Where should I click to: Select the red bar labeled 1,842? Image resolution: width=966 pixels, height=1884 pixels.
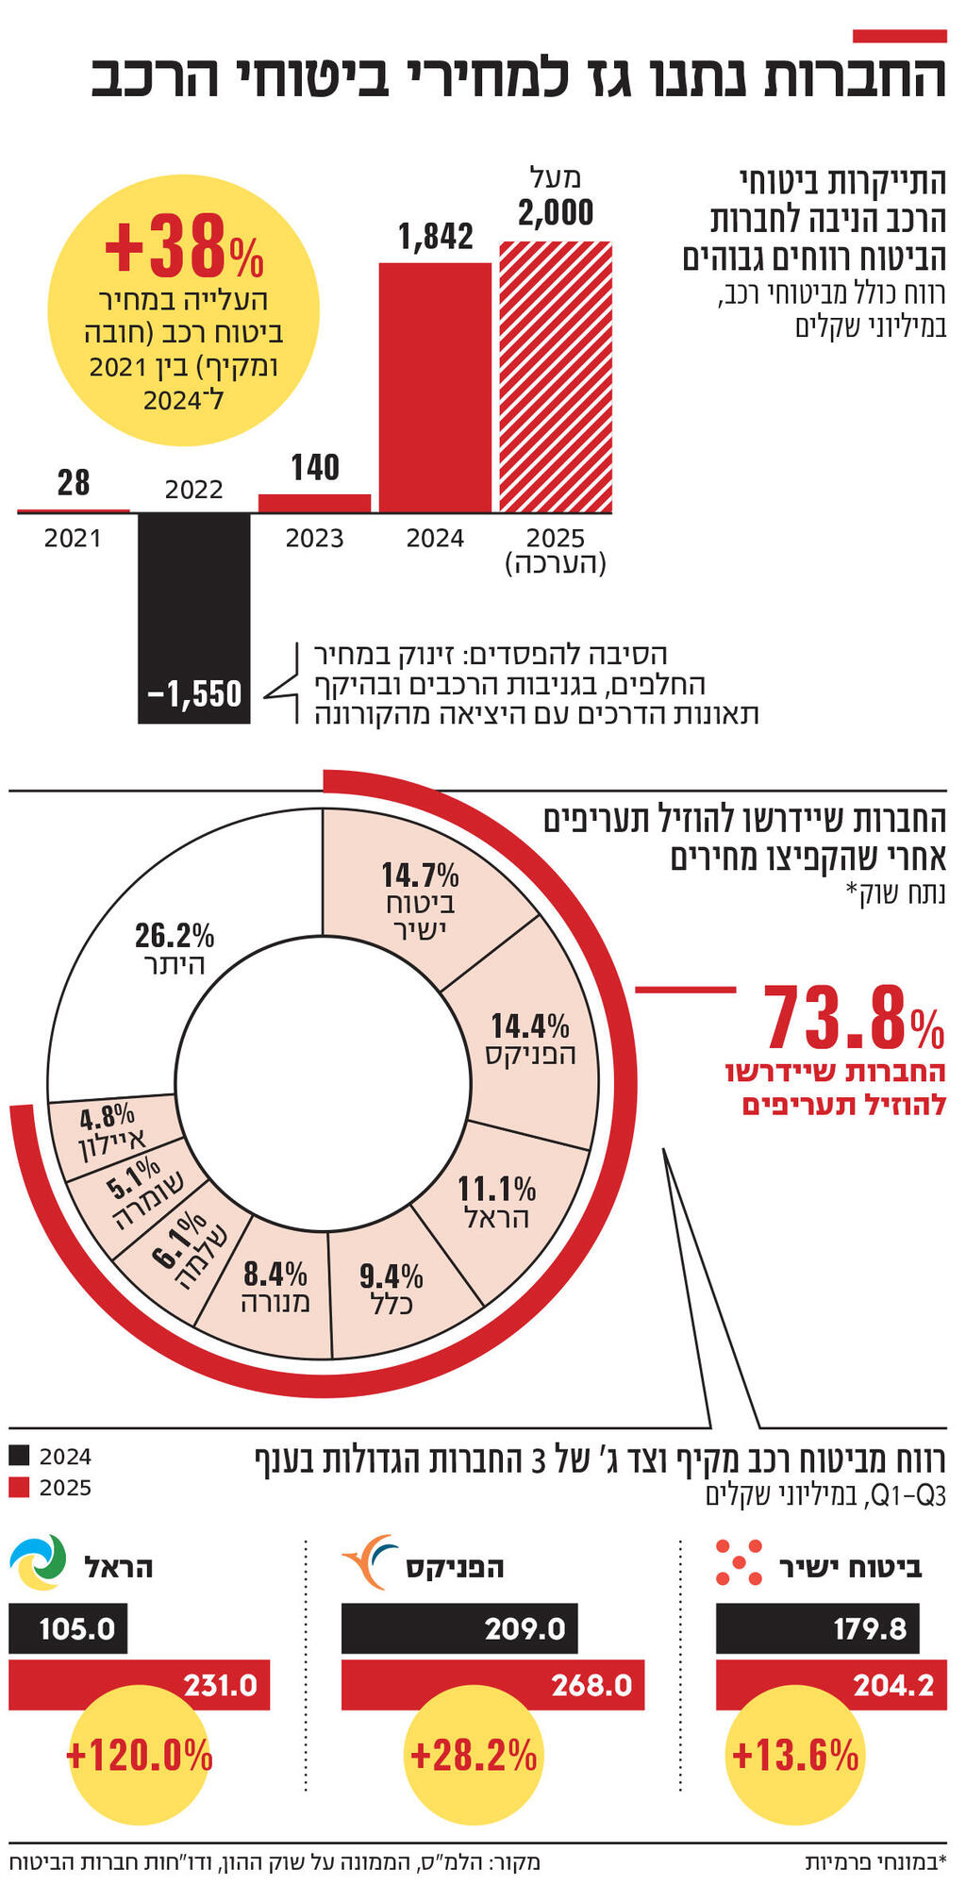(435, 387)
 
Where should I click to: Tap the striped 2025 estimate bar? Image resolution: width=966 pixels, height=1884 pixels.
(556, 377)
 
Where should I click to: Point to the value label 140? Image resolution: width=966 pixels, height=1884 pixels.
(315, 468)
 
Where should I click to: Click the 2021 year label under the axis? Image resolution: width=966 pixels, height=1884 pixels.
(73, 539)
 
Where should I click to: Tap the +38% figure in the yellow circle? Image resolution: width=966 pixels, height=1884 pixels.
(184, 247)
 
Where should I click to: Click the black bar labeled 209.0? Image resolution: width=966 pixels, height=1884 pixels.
(458, 1629)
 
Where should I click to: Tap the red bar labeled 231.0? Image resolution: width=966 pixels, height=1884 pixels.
(139, 1686)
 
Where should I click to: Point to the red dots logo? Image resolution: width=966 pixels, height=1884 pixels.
(738, 1562)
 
